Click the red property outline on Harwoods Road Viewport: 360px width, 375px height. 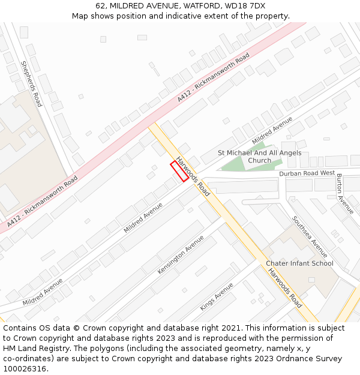[x=179, y=170]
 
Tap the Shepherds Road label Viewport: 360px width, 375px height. [x=31, y=83]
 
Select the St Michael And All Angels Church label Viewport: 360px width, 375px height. [x=259, y=157]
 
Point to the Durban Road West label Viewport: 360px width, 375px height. [x=307, y=173]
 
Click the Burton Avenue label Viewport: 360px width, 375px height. [x=345, y=194]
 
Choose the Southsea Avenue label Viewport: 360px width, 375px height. [x=310, y=236]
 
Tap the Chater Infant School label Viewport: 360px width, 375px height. [x=299, y=263]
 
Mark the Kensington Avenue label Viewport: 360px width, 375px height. [x=181, y=255]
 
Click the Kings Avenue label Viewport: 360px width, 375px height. [x=217, y=296]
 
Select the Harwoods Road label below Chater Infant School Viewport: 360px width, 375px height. [x=285, y=288]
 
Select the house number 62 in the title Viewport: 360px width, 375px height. [x=101, y=6]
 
